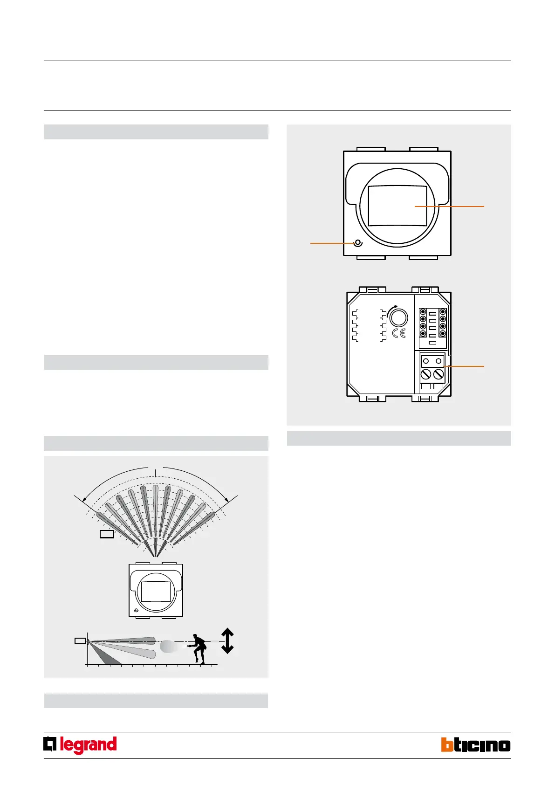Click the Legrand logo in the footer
80,745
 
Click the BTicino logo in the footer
475,745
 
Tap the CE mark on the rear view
399,333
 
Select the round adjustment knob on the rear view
398,318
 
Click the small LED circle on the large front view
358,243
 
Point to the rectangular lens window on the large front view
397,206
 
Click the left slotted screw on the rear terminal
426,374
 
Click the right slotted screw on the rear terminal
439,374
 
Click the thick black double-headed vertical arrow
227,641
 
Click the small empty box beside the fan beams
107,534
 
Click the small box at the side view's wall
80,641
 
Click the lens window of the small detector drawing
156,592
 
